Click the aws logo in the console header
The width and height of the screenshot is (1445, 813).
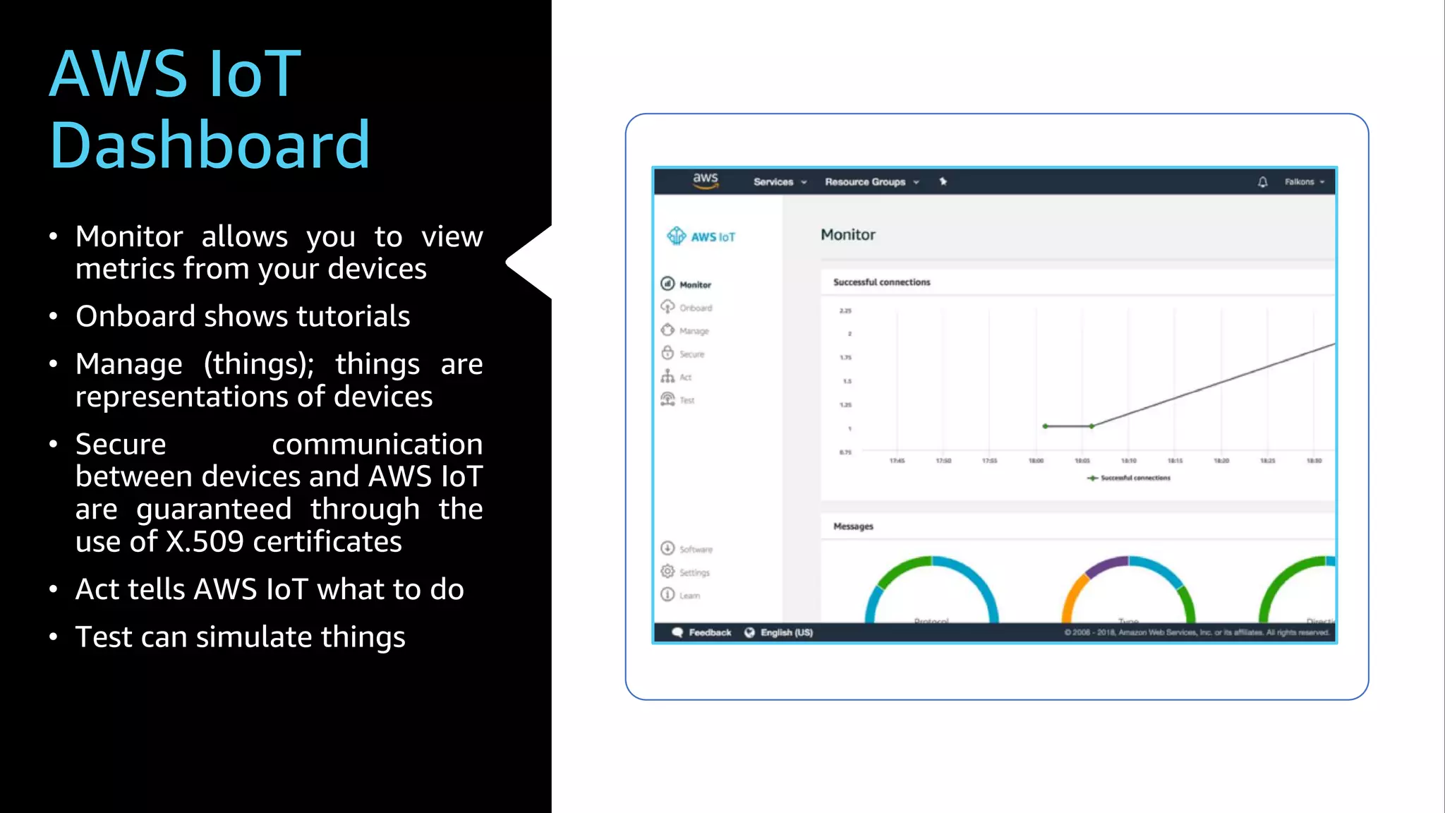pos(705,181)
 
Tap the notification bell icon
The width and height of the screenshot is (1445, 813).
pos(1262,182)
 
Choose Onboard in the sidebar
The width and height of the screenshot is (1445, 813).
pos(695,308)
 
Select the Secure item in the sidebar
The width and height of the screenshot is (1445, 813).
pos(691,354)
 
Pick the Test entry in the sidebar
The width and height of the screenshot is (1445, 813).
pos(687,400)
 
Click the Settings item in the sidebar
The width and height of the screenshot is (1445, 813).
pos(694,572)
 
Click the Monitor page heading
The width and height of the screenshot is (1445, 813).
pos(847,235)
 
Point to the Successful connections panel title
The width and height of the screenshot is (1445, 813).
pos(881,282)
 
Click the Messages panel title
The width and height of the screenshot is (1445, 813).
pos(853,526)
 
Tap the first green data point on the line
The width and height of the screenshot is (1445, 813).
pos(1045,426)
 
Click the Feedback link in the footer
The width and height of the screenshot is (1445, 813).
pos(708,632)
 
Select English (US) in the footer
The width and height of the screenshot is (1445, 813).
pos(785,632)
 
